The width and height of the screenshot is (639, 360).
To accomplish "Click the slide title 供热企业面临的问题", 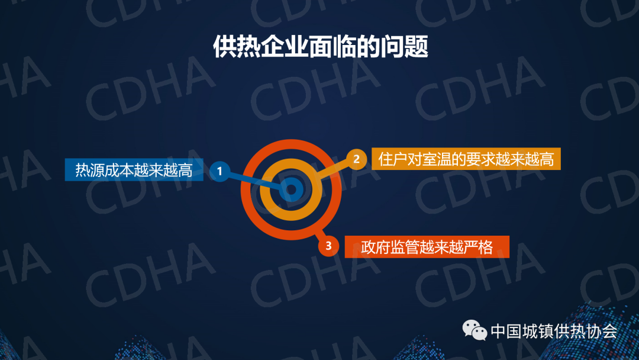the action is click(x=320, y=46).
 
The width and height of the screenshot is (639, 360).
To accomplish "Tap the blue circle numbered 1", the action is click(x=220, y=171).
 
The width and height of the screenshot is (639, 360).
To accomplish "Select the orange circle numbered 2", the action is click(x=357, y=159).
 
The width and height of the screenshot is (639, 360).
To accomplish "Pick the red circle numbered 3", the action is click(x=328, y=246).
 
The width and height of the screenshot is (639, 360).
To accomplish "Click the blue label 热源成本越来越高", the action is click(x=134, y=169).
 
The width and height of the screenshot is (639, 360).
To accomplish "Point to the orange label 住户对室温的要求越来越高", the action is click(x=466, y=159).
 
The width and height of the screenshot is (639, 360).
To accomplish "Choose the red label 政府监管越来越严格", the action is click(x=427, y=247).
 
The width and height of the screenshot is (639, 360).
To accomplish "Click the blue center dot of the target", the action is click(x=291, y=189).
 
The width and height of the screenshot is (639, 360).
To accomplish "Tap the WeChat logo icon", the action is click(x=475, y=330).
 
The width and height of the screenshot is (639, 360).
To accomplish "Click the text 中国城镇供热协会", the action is click(x=554, y=330).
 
